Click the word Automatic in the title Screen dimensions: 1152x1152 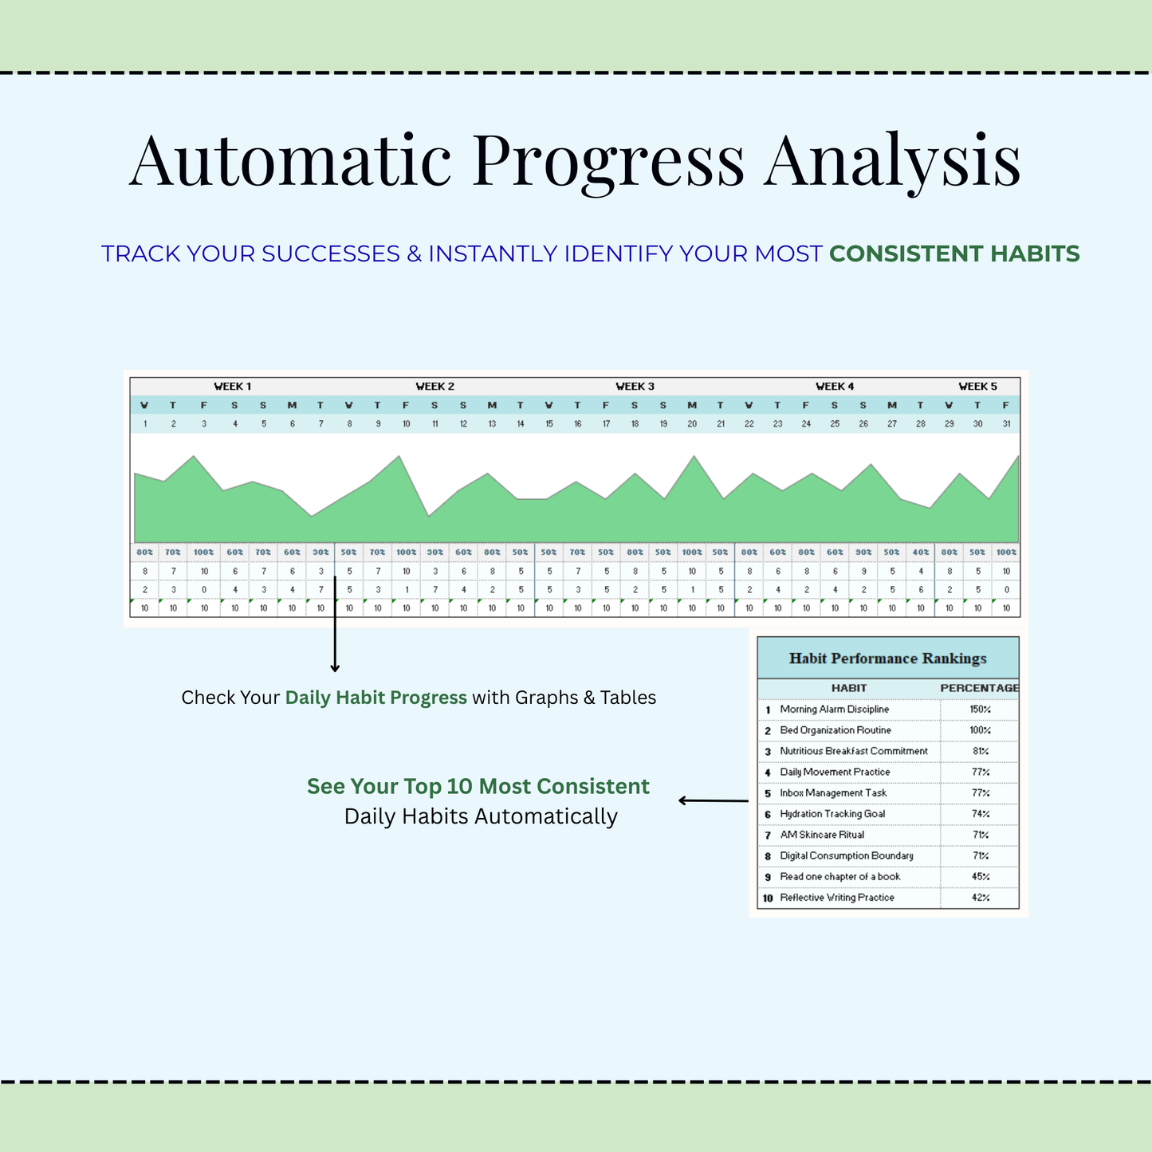click(290, 160)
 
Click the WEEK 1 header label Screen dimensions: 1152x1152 click(233, 386)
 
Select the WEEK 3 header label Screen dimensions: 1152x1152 click(635, 386)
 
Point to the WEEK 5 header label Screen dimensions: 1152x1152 click(978, 386)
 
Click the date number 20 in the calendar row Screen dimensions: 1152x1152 click(692, 424)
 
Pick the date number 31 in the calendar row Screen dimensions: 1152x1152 click(1007, 424)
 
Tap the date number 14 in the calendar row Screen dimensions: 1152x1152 click(520, 424)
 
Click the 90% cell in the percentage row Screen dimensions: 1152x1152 click(863, 552)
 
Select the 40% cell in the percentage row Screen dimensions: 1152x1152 click(921, 552)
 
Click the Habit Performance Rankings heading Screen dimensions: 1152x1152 click(888, 659)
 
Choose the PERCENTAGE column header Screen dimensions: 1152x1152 click(979, 688)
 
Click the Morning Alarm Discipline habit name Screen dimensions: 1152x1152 click(834, 709)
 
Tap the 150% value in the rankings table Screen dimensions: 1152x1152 click(981, 709)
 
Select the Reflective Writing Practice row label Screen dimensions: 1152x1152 click(837, 898)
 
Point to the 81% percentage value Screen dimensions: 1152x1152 click(981, 751)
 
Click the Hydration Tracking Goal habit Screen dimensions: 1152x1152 click(832, 814)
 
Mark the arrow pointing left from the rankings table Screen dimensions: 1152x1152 click(714, 800)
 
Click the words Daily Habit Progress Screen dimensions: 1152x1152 click(376, 698)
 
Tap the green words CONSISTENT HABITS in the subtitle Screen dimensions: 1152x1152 click(954, 254)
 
